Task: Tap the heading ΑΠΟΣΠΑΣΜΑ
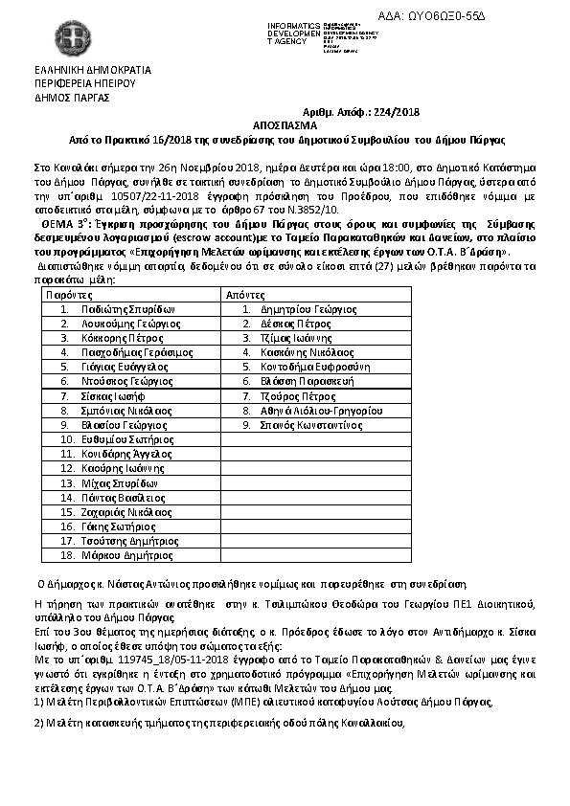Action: tap(285, 124)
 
